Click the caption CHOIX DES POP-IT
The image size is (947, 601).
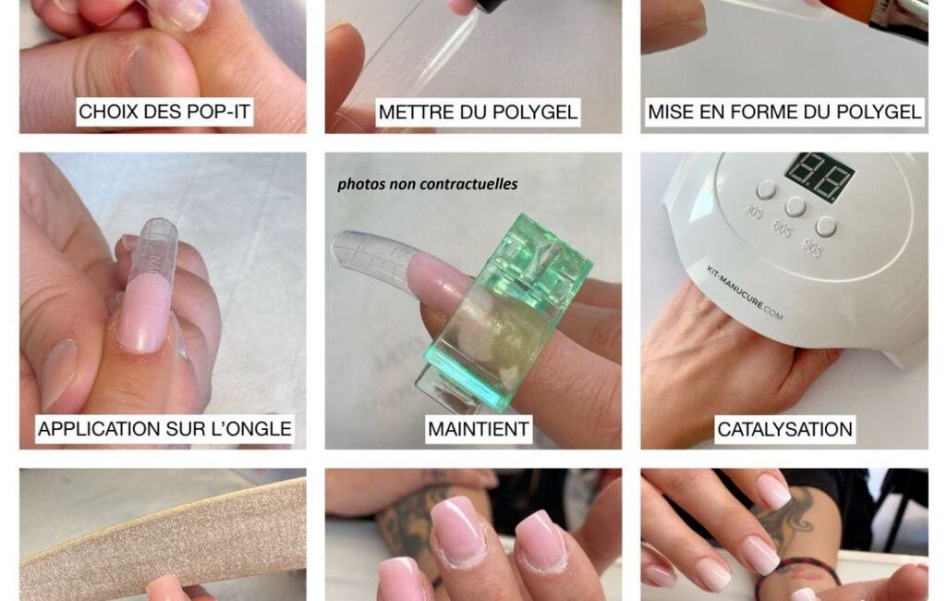164,112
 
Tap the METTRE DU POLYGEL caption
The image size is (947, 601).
478,112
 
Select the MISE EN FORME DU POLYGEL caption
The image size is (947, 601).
784,112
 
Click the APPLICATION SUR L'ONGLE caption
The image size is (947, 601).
164,429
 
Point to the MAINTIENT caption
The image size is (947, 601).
479,429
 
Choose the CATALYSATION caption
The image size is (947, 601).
784,429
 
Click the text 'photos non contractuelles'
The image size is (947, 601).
427,184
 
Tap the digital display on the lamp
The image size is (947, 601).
820,176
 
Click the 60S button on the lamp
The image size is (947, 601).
795,207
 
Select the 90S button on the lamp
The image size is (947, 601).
825,227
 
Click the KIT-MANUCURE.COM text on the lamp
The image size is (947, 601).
744,292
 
